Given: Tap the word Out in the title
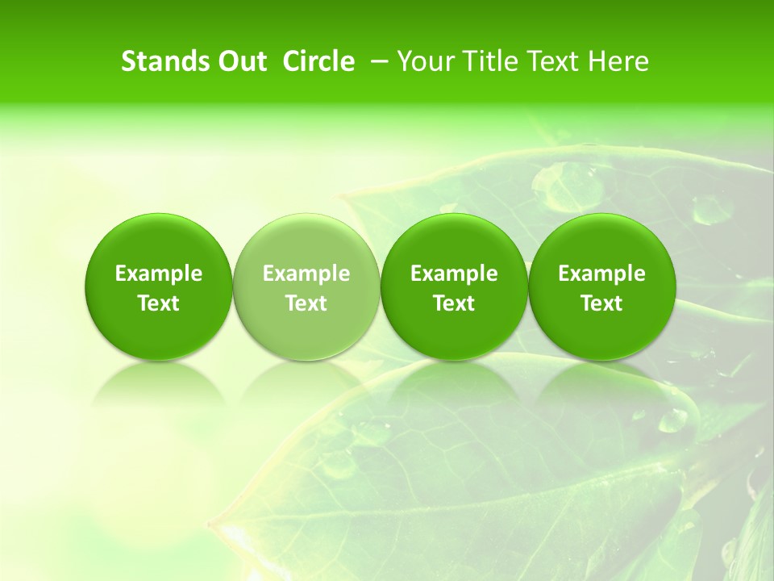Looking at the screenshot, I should click(240, 62).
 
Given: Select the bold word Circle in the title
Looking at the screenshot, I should click(318, 62).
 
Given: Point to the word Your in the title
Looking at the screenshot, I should click(422, 62).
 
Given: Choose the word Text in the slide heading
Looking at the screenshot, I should click(546, 62).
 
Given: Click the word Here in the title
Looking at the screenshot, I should click(618, 62).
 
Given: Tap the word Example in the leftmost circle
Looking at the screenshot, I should click(159, 274).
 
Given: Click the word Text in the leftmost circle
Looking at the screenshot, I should click(159, 303).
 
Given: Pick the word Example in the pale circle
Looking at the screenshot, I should click(306, 274).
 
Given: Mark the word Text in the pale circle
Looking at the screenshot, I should click(306, 303).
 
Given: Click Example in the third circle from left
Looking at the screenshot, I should click(454, 274).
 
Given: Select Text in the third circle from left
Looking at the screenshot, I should click(454, 303).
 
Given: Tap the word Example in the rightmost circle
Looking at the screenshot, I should click(601, 274).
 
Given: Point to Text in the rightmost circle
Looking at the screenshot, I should click(601, 303).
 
